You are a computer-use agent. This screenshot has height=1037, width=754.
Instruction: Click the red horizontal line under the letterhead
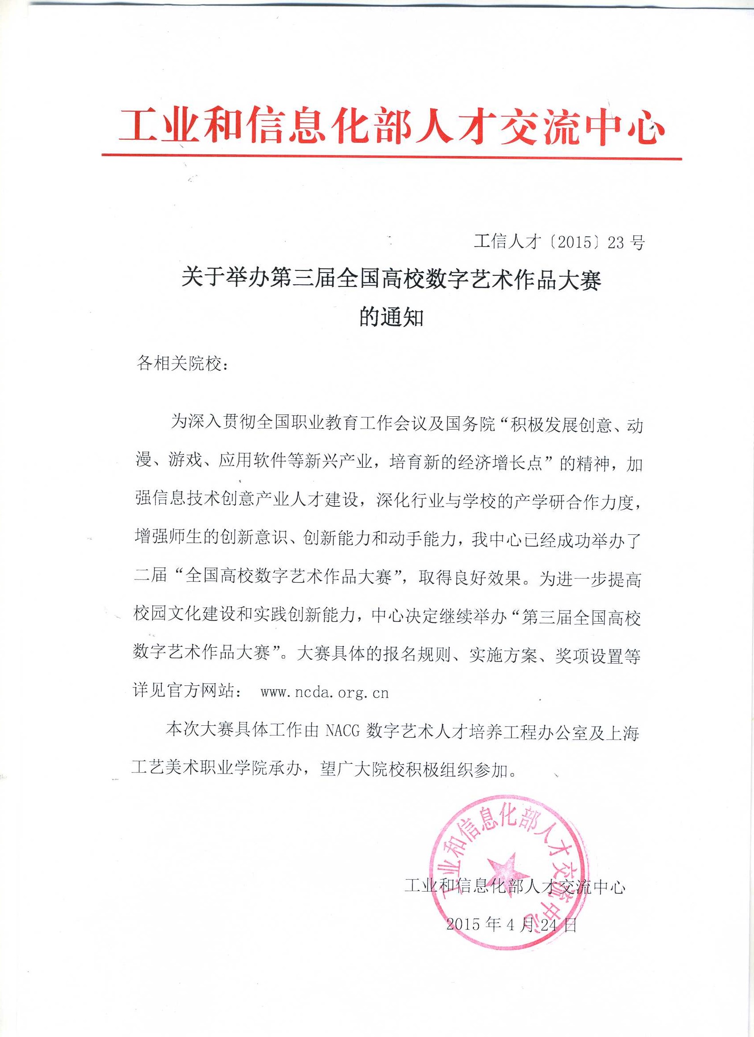pyautogui.click(x=391, y=157)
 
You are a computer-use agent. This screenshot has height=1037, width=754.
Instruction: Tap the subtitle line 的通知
pyautogui.click(x=391, y=318)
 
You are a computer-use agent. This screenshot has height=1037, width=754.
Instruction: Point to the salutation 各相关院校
pyautogui.click(x=183, y=364)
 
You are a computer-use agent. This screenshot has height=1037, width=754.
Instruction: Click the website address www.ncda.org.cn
pyautogui.click(x=324, y=693)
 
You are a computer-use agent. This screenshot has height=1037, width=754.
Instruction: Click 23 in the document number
pyautogui.click(x=615, y=243)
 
